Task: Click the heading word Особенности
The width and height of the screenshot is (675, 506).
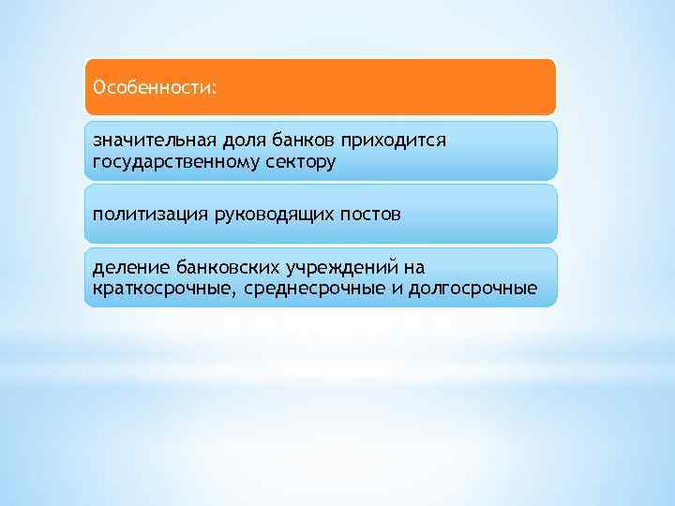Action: [151, 88]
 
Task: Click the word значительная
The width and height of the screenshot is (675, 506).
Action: [154, 141]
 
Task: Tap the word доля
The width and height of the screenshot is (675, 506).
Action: [244, 141]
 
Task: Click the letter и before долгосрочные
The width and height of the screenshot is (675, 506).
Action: [397, 289]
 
